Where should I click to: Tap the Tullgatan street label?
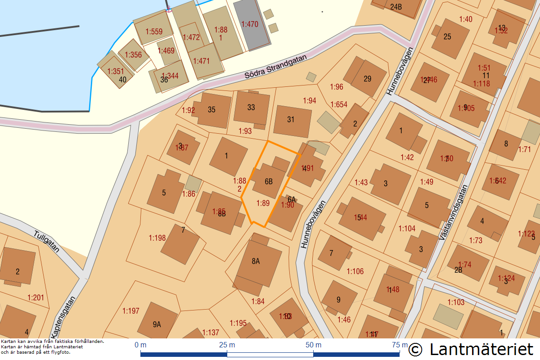point(47,242)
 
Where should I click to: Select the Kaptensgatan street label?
point(63,315)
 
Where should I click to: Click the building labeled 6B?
point(269,181)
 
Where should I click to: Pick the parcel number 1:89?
point(263,203)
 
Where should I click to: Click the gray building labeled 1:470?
point(250,24)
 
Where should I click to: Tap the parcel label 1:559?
point(154,31)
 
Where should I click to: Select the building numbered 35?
point(212,109)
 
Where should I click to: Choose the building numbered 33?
point(251,107)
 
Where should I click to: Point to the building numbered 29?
point(368,79)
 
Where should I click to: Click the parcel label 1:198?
point(157,238)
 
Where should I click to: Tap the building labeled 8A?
point(256,261)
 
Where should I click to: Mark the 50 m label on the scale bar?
point(314,345)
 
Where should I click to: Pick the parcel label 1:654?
point(339,105)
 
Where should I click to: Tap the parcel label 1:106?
point(355,271)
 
